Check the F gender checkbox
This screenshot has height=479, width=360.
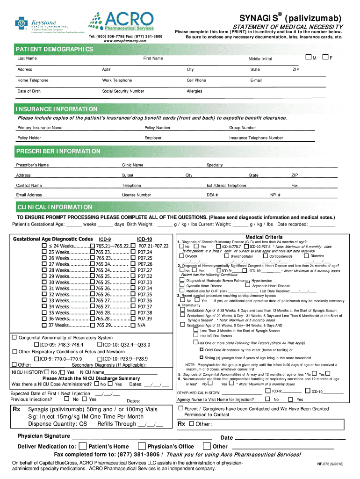coord(325,57)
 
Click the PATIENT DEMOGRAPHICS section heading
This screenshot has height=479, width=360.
coord(55,49)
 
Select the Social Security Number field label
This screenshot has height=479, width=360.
coord(123,91)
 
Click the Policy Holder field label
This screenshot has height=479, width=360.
coord(29,138)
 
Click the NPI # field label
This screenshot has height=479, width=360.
coord(275,195)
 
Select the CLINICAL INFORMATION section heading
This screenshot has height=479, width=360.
coord(55,207)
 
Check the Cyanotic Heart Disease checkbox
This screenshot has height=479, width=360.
coord(182,286)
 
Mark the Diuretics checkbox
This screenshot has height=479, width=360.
coord(306,256)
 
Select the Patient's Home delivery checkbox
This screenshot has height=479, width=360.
coord(83,446)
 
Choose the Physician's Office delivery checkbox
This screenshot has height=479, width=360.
coord(142,446)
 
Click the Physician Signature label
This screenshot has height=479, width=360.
coord(43,436)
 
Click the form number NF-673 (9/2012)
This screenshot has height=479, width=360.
coord(332,465)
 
